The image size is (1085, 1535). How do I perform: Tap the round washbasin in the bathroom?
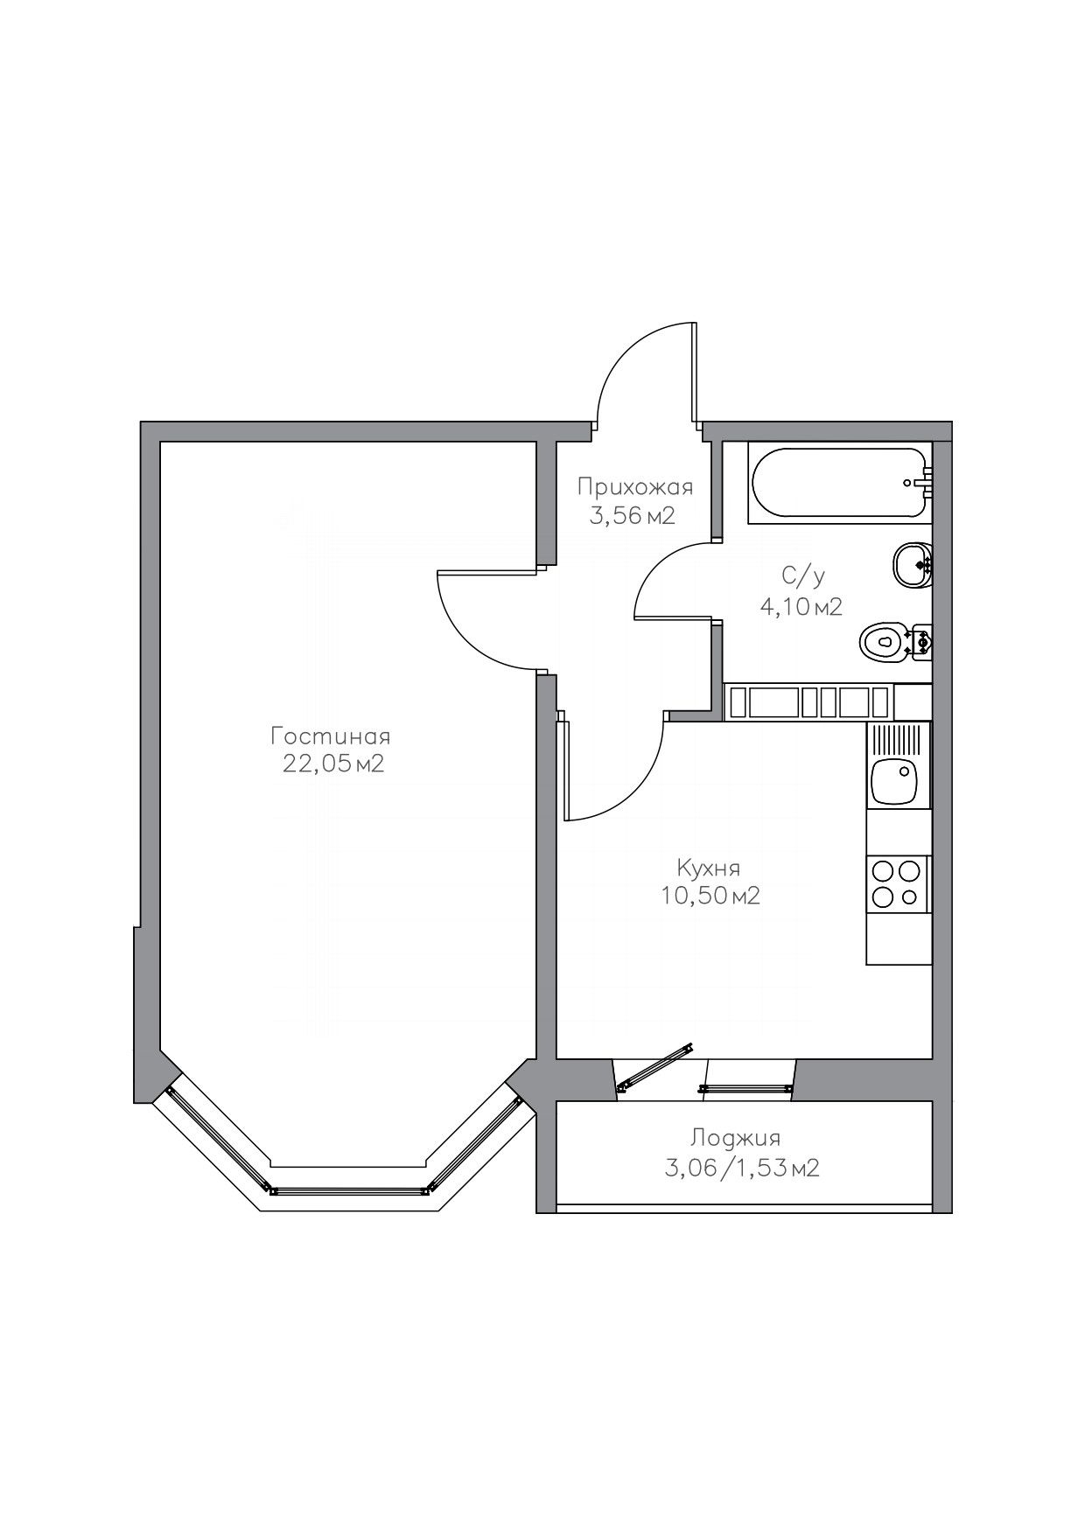click(x=913, y=565)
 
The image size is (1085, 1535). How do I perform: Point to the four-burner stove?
click(x=898, y=884)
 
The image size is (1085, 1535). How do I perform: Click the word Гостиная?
click(x=330, y=735)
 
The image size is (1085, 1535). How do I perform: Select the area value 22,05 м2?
click(x=332, y=764)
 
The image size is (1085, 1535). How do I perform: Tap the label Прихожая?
click(x=634, y=487)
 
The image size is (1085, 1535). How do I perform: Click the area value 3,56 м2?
click(x=632, y=516)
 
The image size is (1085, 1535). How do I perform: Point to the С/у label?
click(x=803, y=576)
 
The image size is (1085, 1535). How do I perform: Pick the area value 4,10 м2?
click(x=801, y=606)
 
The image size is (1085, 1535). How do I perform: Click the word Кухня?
click(x=708, y=868)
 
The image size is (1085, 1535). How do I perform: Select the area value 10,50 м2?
click(x=710, y=896)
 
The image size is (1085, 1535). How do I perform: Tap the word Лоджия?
click(x=734, y=1138)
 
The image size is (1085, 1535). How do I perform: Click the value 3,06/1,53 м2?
click(x=742, y=1168)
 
